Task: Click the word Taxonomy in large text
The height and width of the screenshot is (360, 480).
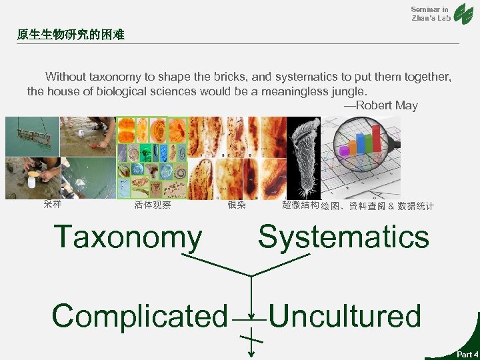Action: click(127, 237)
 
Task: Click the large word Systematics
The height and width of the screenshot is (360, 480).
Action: click(343, 237)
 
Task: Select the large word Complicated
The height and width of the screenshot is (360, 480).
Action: click(139, 316)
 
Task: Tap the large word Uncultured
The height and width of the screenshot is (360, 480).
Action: click(345, 316)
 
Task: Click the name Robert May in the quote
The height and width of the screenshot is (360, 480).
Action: click(386, 105)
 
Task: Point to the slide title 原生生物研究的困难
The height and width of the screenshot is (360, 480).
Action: click(71, 33)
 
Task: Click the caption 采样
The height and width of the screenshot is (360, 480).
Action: click(53, 205)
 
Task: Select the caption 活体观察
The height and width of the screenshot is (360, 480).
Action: click(153, 205)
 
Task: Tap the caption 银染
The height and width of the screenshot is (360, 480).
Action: click(237, 205)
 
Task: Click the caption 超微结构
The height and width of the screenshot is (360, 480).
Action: click(300, 205)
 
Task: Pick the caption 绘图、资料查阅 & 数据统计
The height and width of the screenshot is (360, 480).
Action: click(377, 207)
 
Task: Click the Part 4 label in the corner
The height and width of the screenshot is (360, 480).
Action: click(467, 354)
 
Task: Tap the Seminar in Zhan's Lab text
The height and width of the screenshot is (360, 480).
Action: click(430, 13)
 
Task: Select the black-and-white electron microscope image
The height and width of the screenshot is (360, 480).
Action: click(303, 157)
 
